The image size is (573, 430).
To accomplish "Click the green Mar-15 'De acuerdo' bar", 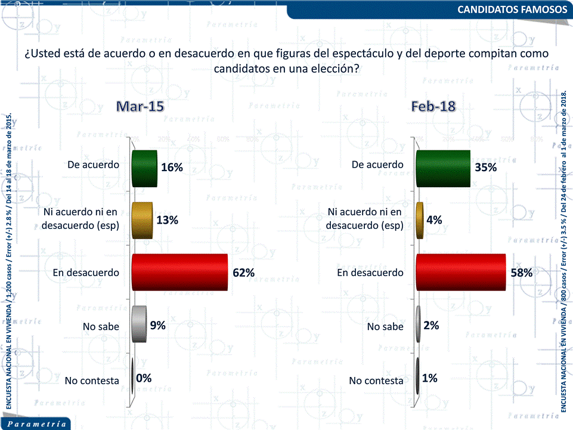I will coord(144,169).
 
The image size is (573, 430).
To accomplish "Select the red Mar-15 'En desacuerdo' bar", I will coord(179,272).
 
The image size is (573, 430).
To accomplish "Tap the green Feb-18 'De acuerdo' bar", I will coord(442,168).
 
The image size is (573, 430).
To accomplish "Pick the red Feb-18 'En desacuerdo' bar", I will coord(460,272).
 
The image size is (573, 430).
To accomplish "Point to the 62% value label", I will coord(243,273).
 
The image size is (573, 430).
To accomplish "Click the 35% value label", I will coord(485,168).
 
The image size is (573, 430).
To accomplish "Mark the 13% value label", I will coord(168,220).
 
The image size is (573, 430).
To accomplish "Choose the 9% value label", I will coord(157,325).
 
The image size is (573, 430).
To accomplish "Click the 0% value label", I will coord(144,378).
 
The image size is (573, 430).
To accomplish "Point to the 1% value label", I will coord(430,378).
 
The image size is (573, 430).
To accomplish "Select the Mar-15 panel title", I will coord(140,106).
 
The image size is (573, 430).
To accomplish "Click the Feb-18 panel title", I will coord(433,106).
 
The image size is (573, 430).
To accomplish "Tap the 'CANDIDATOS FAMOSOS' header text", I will coord(512,10).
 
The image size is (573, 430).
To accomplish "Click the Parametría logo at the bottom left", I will coord(37,423).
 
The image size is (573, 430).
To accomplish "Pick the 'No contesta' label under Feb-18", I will coord(376,380).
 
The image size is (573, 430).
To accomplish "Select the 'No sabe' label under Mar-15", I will coord(101,326).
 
